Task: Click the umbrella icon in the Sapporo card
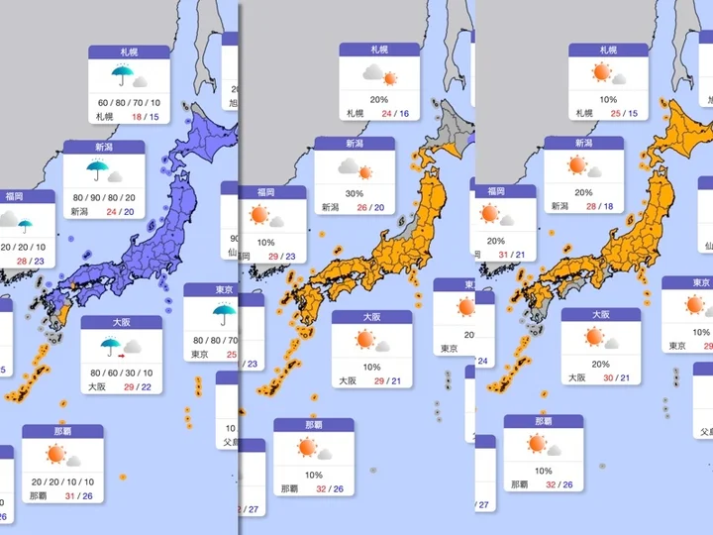(x=122, y=75)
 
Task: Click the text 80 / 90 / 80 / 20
(x=104, y=196)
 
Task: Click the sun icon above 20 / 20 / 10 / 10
(x=55, y=455)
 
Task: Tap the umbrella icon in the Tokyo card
(x=223, y=315)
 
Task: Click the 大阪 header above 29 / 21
(x=371, y=317)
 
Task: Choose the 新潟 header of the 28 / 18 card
(x=582, y=144)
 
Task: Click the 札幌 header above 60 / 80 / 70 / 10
(x=129, y=51)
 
